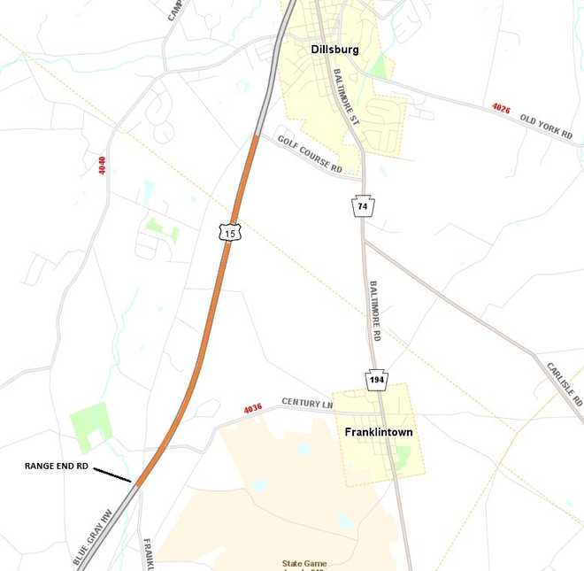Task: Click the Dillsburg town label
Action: click(x=334, y=50)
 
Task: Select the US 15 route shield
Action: click(x=230, y=233)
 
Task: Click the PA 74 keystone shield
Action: click(x=362, y=205)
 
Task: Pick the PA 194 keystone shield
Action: click(x=377, y=380)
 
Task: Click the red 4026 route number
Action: click(x=501, y=107)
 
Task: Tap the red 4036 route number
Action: click(x=254, y=409)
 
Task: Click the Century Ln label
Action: click(x=307, y=403)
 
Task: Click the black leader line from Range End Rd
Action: click(x=113, y=475)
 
